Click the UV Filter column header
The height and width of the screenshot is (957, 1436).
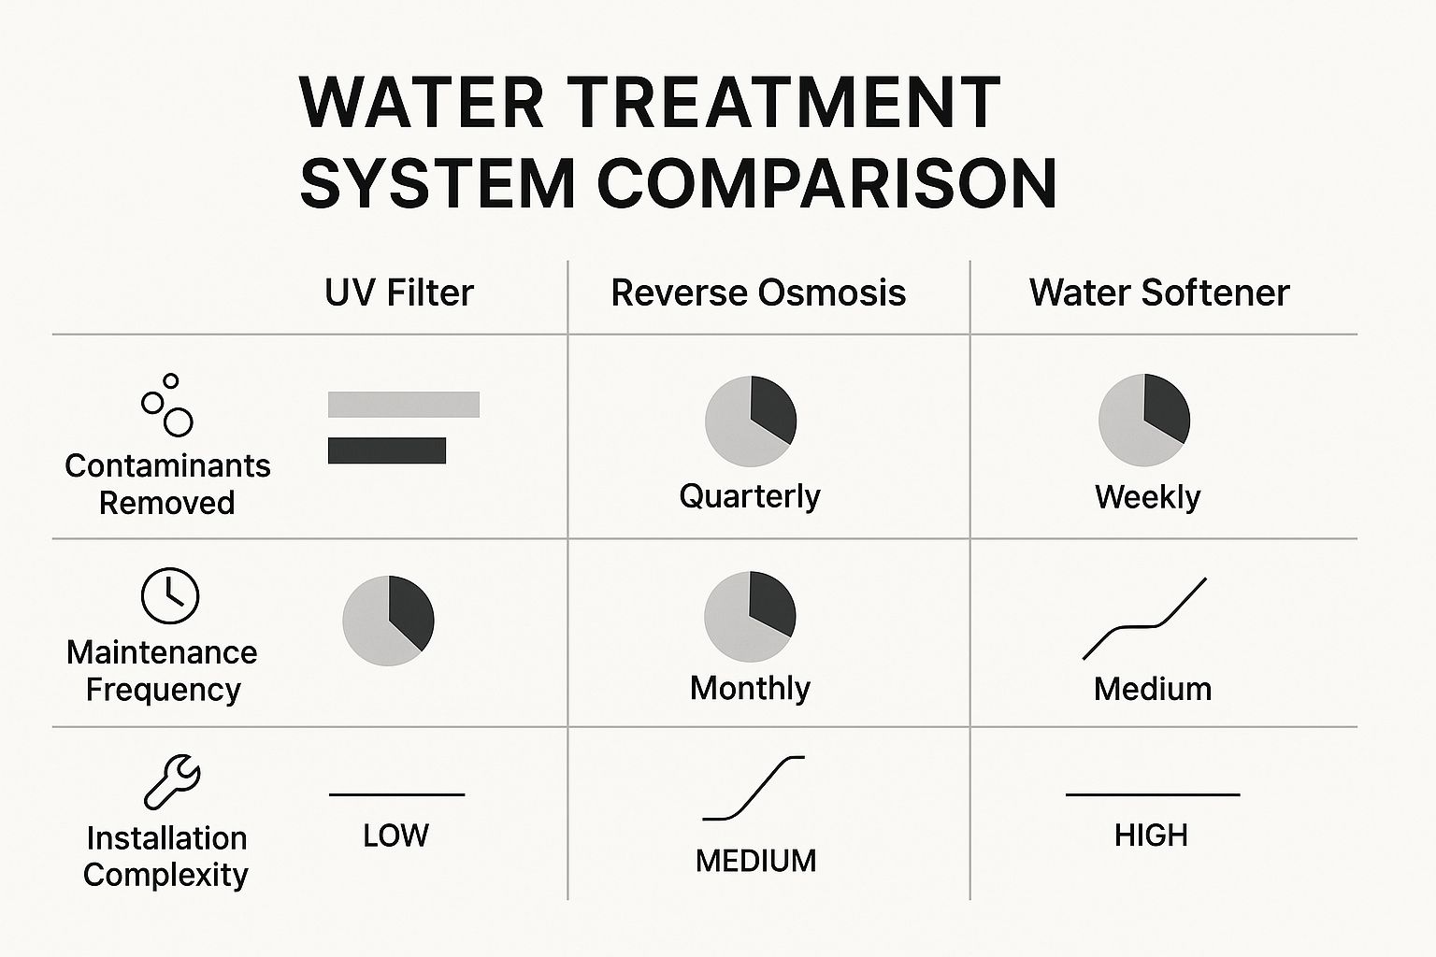(399, 293)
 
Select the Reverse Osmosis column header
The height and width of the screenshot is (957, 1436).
(758, 293)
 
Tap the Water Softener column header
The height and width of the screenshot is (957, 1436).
(1159, 293)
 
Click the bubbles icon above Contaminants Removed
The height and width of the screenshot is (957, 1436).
(167, 406)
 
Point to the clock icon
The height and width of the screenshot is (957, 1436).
(169, 595)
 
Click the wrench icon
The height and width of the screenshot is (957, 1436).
(172, 781)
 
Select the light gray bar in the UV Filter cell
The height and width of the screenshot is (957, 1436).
(404, 405)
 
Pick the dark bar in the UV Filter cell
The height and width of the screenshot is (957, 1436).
(387, 450)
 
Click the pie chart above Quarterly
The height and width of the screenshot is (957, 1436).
(751, 421)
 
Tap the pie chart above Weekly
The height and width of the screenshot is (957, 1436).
(1144, 421)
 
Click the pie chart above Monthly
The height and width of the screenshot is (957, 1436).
(750, 617)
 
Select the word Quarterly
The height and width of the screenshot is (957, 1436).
(750, 496)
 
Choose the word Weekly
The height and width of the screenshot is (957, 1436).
(1147, 497)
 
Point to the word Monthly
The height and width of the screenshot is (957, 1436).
(750, 689)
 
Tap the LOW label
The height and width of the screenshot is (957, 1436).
(395, 836)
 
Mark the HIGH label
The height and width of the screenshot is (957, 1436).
(1151, 836)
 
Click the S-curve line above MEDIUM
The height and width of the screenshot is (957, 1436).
(754, 788)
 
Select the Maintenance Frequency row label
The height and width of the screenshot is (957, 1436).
(162, 671)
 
